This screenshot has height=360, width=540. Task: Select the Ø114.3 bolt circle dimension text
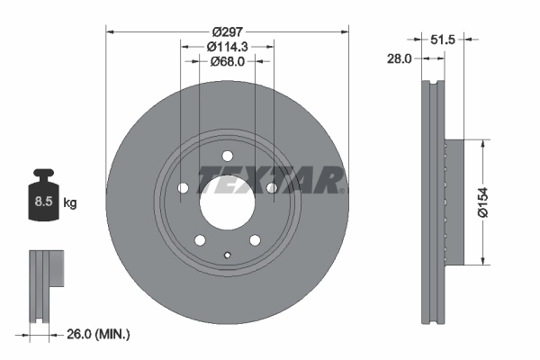click(x=227, y=45)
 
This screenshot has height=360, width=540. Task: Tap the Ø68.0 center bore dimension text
click(x=227, y=61)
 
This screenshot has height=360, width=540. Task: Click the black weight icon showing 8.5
click(x=41, y=200)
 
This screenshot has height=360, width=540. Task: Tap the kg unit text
click(x=70, y=203)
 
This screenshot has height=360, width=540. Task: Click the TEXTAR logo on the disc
click(x=270, y=180)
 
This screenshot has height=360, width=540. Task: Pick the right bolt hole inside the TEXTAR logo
click(x=270, y=187)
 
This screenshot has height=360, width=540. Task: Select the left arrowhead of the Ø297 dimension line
click(x=111, y=31)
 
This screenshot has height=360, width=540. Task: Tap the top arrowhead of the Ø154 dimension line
click(x=487, y=143)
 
